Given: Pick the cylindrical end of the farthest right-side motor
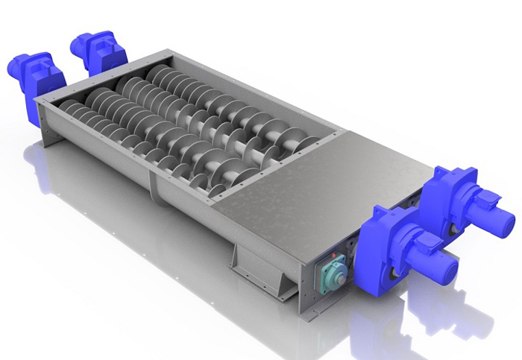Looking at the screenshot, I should tap(501, 221).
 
